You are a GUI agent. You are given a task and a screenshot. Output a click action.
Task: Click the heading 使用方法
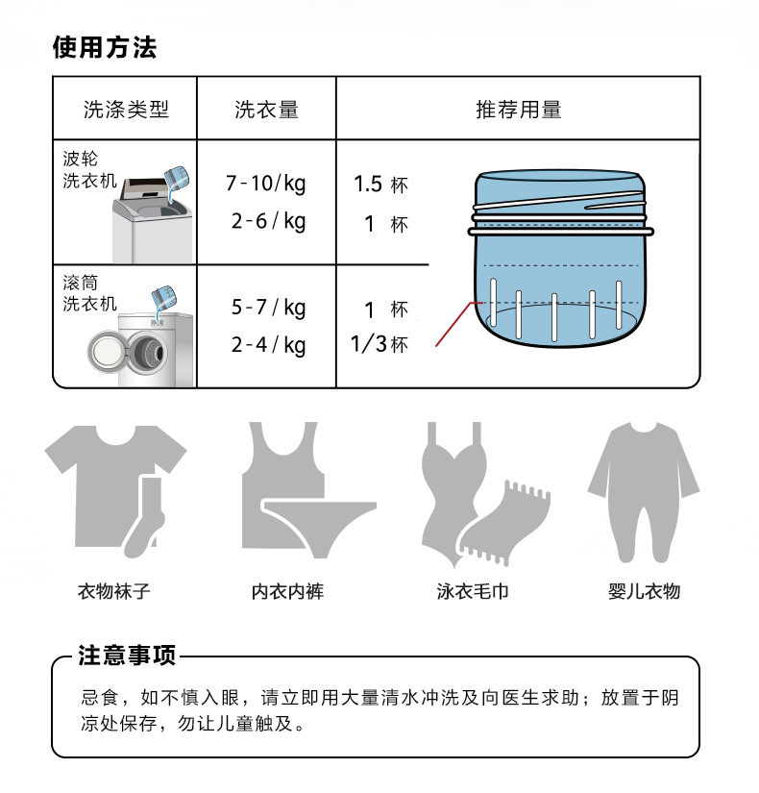coord(105,47)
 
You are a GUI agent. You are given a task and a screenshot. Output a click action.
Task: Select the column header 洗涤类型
coord(126,110)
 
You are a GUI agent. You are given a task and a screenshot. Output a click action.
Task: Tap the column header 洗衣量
coord(266,110)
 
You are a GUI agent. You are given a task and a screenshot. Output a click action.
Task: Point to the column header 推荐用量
coord(518,110)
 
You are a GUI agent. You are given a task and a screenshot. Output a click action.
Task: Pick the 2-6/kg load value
coord(268,221)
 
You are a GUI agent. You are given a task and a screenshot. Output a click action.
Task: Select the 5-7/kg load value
coord(268,308)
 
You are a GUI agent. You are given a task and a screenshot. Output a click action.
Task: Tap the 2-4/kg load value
coord(268,345)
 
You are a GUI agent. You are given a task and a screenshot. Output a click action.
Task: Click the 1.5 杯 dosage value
coord(380,185)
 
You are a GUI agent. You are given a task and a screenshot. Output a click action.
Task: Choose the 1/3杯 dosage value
coord(379,344)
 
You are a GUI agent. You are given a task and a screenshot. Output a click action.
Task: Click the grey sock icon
coord(145,518)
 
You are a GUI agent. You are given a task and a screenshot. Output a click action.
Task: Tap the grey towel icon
coord(503,524)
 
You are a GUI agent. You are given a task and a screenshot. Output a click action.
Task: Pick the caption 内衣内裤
coord(287,591)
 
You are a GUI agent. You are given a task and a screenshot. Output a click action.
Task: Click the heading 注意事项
coord(127,656)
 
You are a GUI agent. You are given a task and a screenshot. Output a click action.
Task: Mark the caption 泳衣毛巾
coord(473,591)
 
